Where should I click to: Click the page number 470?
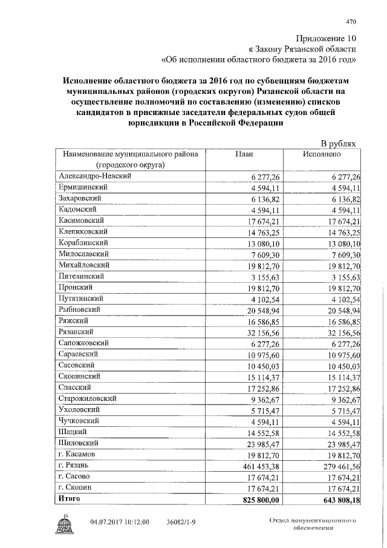tap(351, 22)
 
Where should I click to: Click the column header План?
tap(243, 154)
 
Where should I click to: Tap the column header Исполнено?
tap(321, 154)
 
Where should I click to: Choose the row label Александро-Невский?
tap(95, 176)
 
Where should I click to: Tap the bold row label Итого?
tap(69, 498)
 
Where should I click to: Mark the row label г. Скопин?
tap(76, 487)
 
